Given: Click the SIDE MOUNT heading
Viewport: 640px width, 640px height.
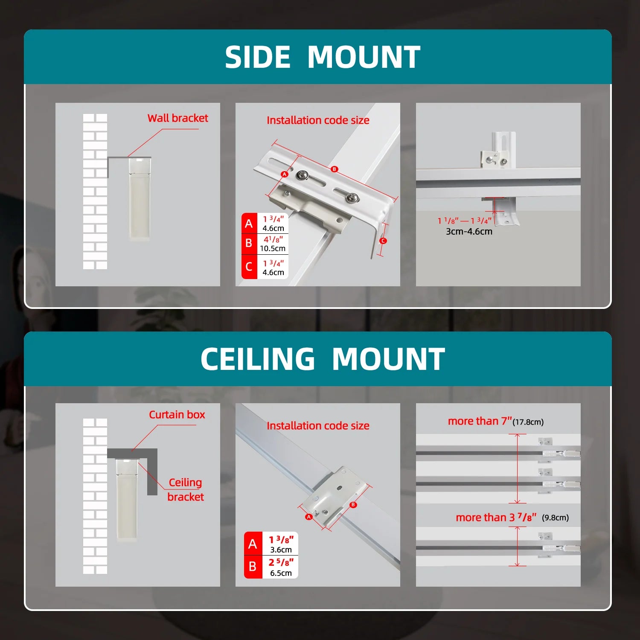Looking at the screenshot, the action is pos(323,57).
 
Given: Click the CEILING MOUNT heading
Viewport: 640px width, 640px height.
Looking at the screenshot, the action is pos(323,359).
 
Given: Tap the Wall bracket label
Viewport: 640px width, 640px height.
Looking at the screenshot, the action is pos(178,118).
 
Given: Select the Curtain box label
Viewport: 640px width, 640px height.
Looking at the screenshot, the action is pos(177,415).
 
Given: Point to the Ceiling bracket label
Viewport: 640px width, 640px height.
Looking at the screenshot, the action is pos(186,489).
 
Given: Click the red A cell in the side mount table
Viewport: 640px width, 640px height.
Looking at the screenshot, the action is pos(249,223).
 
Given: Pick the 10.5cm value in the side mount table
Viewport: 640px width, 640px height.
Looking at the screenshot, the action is pos(273,248).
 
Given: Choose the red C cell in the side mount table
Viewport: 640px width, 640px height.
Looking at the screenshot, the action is pos(249,267).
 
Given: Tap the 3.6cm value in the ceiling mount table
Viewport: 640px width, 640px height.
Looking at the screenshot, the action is pos(281,550).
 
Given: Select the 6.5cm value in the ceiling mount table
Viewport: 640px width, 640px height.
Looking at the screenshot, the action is pos(281,573).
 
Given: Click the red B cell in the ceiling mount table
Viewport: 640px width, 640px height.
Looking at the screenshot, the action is pos(253,567).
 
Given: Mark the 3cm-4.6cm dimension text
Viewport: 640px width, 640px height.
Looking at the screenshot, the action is pos(469,232).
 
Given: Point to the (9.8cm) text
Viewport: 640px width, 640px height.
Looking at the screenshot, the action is pos(556,518).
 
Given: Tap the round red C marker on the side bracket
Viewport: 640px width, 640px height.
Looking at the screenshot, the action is pos(383,241).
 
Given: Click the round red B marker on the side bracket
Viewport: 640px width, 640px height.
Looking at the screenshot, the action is pos(335,169).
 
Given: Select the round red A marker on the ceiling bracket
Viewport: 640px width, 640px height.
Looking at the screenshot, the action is pos(309,517).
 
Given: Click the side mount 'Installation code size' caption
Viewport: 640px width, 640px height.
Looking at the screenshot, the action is pos(318,120).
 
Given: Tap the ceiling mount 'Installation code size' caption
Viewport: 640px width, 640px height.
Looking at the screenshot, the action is pos(318,426).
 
